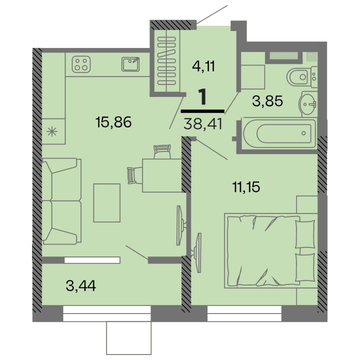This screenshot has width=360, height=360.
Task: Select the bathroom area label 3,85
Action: [x=267, y=101]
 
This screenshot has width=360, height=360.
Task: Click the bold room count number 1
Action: [x=202, y=97]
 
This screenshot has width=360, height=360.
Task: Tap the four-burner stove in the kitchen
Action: [x=80, y=63]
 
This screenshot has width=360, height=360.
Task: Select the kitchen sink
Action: [x=131, y=63]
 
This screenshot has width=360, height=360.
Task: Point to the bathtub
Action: [x=279, y=133]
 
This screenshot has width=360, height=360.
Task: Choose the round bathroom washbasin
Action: [x=308, y=104]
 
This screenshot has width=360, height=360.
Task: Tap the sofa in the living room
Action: [x=60, y=201]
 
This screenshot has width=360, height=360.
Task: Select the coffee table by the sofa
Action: [x=107, y=202]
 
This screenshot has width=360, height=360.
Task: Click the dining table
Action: [x=161, y=174]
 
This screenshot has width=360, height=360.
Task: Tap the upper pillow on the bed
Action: [x=304, y=234]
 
